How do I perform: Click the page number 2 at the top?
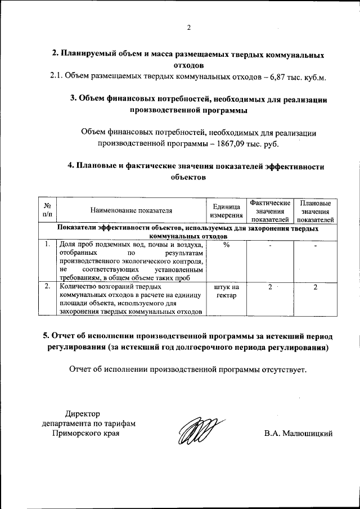(x=189, y=28)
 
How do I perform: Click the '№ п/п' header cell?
(x=47, y=211)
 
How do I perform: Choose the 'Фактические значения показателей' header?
(x=271, y=211)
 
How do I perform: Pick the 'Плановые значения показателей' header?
(x=316, y=211)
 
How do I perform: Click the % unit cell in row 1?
(x=226, y=245)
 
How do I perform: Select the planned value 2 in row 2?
(x=316, y=287)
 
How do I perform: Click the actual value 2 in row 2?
(x=271, y=287)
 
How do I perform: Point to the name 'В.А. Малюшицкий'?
(x=299, y=434)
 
